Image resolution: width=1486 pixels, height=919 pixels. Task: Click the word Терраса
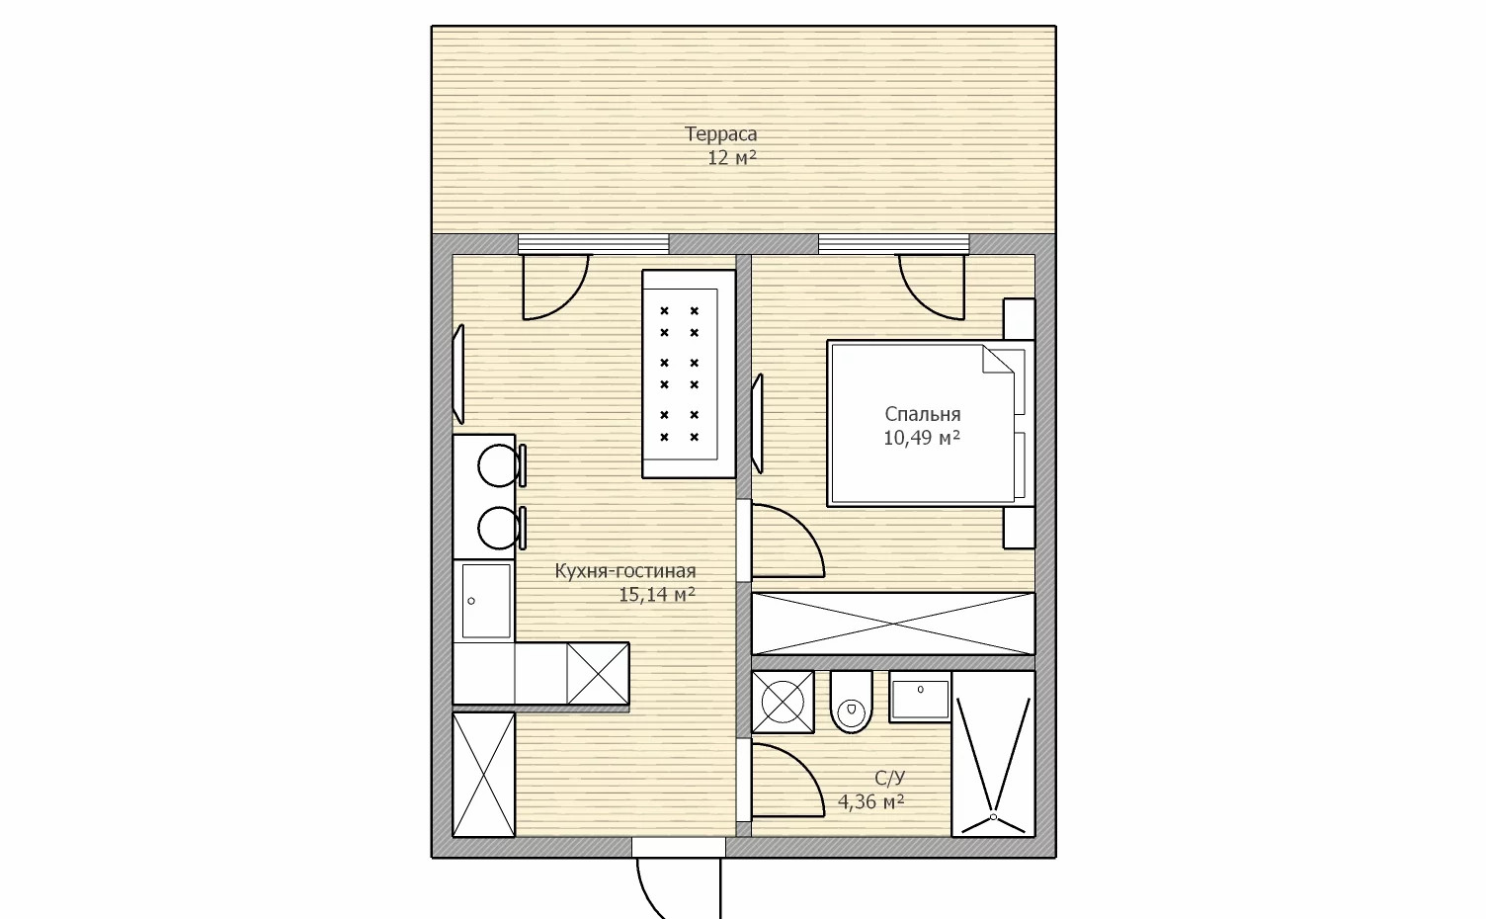point(720,134)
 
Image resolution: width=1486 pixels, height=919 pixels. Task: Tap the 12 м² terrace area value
point(732,158)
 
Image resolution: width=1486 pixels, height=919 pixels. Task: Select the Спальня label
point(922,414)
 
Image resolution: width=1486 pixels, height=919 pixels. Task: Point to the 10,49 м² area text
point(922,438)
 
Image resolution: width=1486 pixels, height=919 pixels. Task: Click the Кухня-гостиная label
point(624,570)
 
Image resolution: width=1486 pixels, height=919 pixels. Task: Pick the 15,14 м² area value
point(657,595)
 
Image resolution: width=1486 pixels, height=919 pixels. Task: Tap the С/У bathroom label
point(889,778)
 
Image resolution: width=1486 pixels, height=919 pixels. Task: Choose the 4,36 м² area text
point(871,802)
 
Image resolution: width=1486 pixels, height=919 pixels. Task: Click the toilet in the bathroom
point(851,702)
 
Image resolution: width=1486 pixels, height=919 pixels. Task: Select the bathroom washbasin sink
point(920,697)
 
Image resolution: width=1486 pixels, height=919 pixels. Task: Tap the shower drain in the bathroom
point(993,817)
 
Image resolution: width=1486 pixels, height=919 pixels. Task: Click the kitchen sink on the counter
point(486,601)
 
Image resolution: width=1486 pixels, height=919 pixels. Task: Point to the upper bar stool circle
point(499,465)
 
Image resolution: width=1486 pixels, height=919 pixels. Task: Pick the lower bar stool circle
point(499,528)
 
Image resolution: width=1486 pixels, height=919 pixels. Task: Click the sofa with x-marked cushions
point(689,374)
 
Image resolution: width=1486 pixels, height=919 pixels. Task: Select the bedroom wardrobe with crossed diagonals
point(893,624)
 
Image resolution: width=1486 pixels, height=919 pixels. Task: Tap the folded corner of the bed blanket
point(998,360)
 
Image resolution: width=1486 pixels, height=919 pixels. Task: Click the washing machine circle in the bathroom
point(783,702)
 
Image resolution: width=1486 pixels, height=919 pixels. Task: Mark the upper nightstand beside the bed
point(1019,319)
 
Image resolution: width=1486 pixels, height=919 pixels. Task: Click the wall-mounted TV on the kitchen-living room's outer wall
point(457,375)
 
